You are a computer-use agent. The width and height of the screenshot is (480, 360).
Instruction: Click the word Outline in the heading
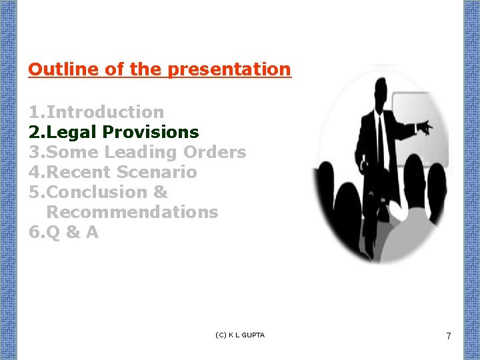[x=55, y=69]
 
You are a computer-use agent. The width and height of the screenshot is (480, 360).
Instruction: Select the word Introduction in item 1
[x=105, y=112]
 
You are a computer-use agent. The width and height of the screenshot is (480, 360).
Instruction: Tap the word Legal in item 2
[x=72, y=132]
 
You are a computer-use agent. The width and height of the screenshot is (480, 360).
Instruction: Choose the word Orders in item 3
[x=215, y=152]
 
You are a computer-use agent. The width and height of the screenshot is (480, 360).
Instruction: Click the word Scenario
[x=157, y=172]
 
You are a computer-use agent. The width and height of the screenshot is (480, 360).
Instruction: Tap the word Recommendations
[x=132, y=212]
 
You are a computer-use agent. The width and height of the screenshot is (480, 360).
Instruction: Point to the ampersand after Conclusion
[x=161, y=192]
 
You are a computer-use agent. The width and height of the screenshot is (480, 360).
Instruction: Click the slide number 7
[x=448, y=337]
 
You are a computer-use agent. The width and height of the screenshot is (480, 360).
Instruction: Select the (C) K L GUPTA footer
[x=240, y=335]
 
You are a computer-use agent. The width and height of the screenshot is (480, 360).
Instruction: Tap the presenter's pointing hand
[x=425, y=126]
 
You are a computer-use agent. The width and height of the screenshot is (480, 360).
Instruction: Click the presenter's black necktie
[x=381, y=137]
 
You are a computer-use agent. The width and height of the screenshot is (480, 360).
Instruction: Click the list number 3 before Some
[x=34, y=152]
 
